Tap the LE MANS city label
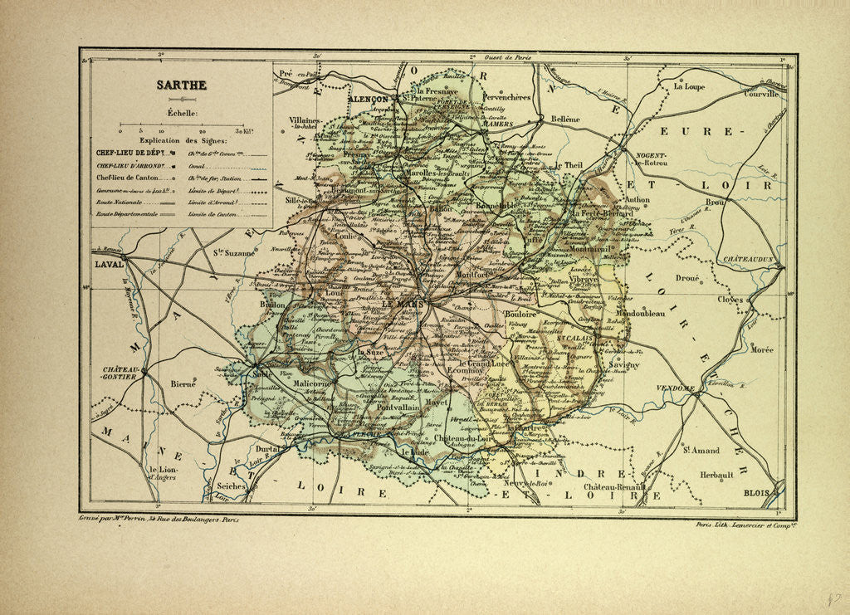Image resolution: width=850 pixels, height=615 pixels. tap(403, 305)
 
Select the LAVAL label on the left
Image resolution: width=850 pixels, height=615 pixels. tap(108, 265)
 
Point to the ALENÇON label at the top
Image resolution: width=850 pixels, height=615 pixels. tap(369, 98)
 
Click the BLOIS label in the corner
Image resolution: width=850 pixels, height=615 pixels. tap(758, 493)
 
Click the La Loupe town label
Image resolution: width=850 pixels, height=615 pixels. tap(689, 86)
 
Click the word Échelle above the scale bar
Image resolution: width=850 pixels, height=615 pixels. tap(182, 112)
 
